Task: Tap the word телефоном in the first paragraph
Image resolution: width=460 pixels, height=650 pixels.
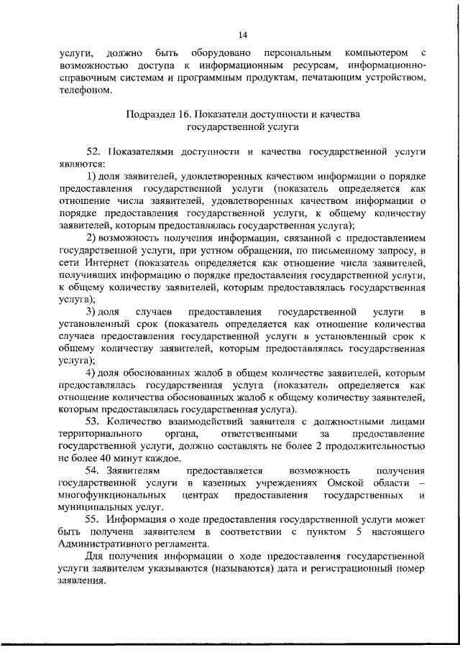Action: (x=86, y=91)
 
